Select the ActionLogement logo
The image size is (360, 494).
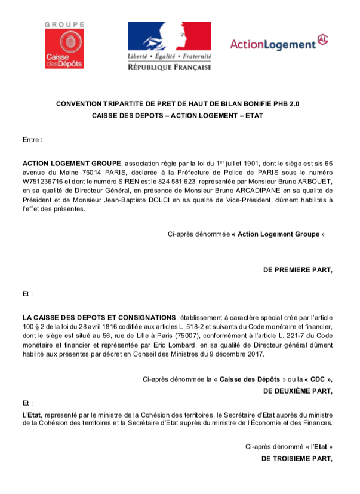[x=279, y=43]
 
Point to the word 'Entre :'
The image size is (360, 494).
[x=33, y=140]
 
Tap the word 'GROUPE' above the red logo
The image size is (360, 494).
[x=64, y=25]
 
